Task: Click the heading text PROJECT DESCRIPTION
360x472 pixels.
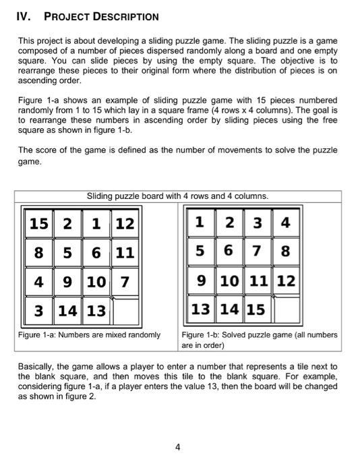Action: [101, 16]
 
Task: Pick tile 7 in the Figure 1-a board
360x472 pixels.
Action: [124, 281]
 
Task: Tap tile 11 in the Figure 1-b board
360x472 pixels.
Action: [256, 281]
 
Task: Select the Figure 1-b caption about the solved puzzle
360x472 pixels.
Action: [260, 339]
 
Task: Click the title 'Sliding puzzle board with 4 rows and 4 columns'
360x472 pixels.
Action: [178, 196]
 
